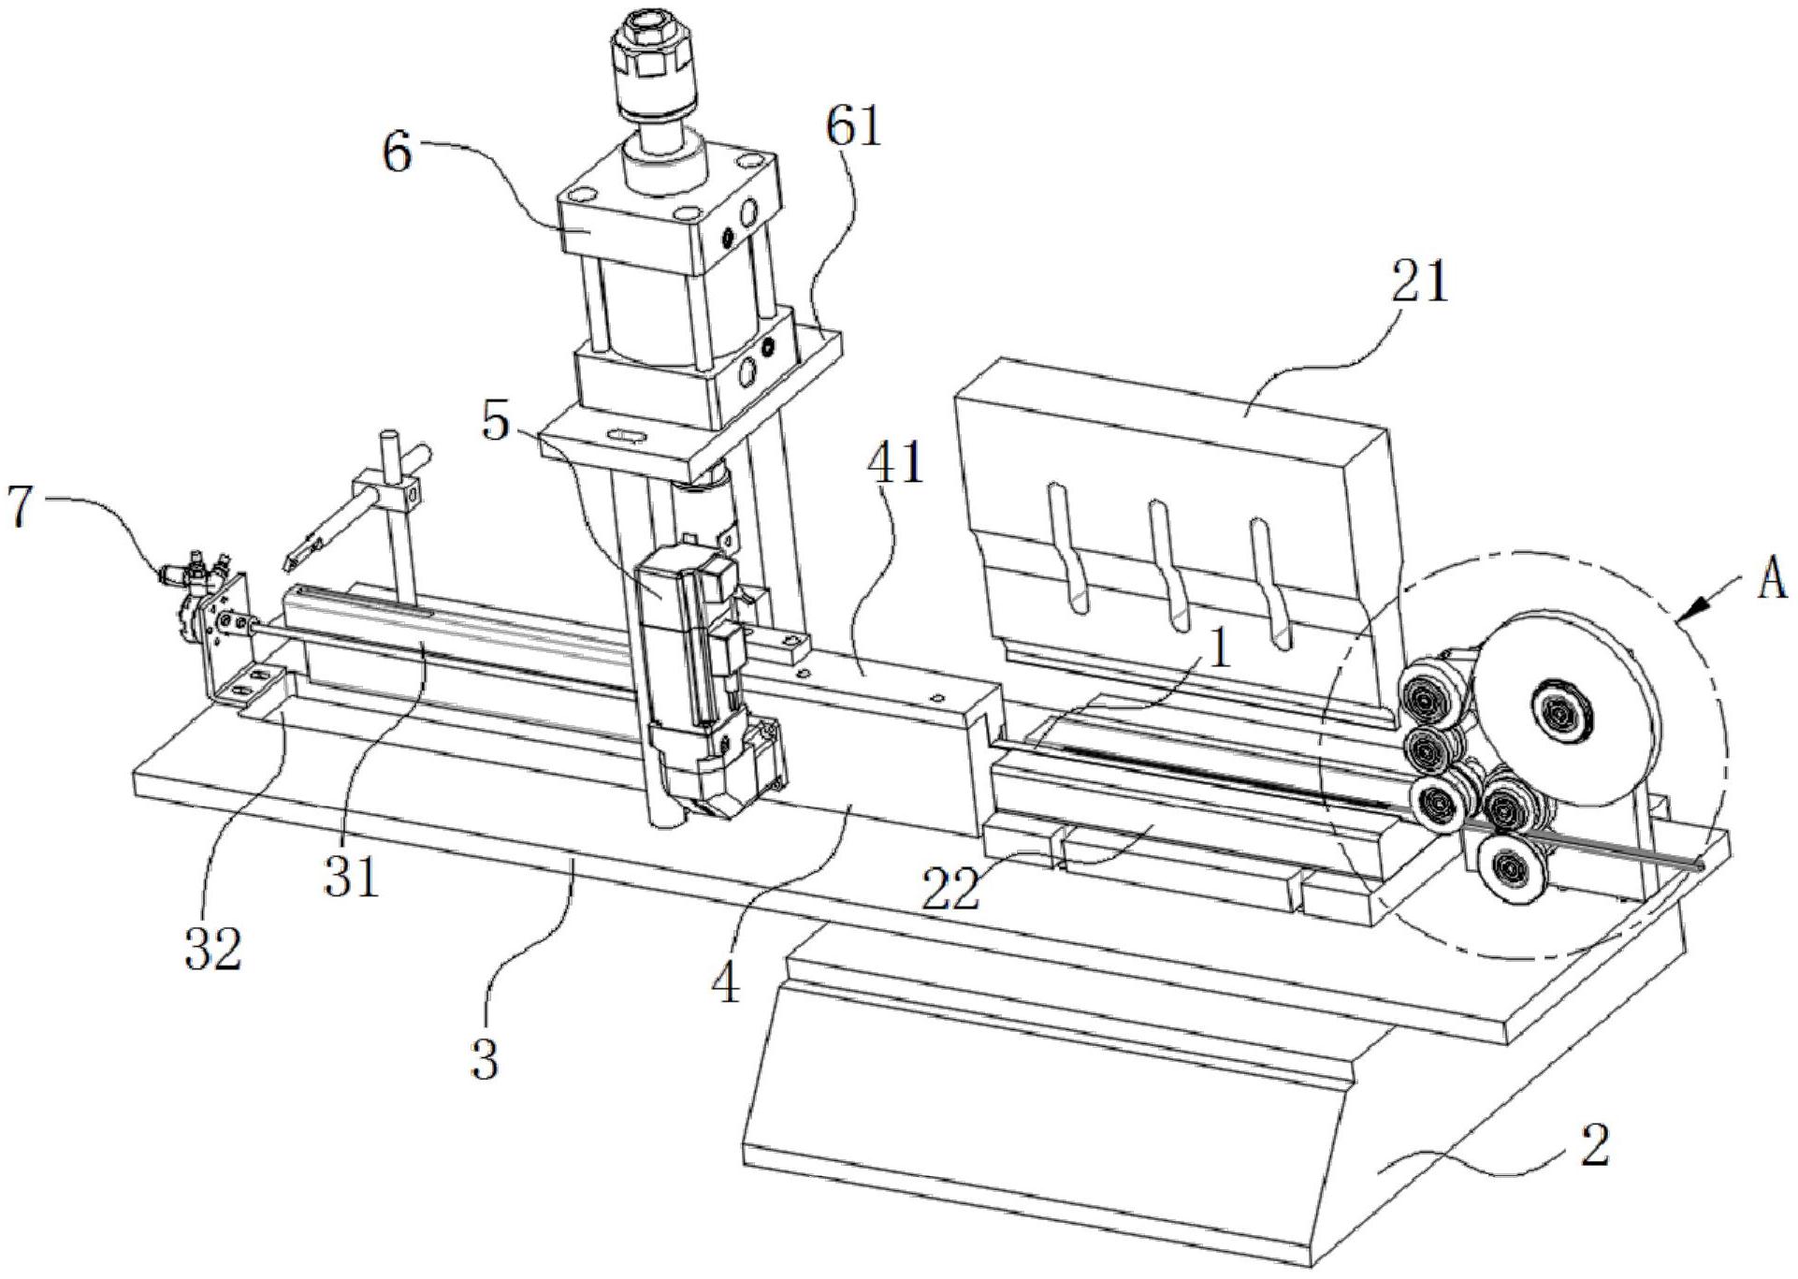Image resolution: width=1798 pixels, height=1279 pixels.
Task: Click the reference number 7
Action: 23,505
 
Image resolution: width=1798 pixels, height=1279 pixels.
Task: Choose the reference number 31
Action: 354,878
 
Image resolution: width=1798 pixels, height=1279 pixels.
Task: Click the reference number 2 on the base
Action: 1594,1147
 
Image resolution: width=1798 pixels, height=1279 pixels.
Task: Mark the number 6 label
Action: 397,154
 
